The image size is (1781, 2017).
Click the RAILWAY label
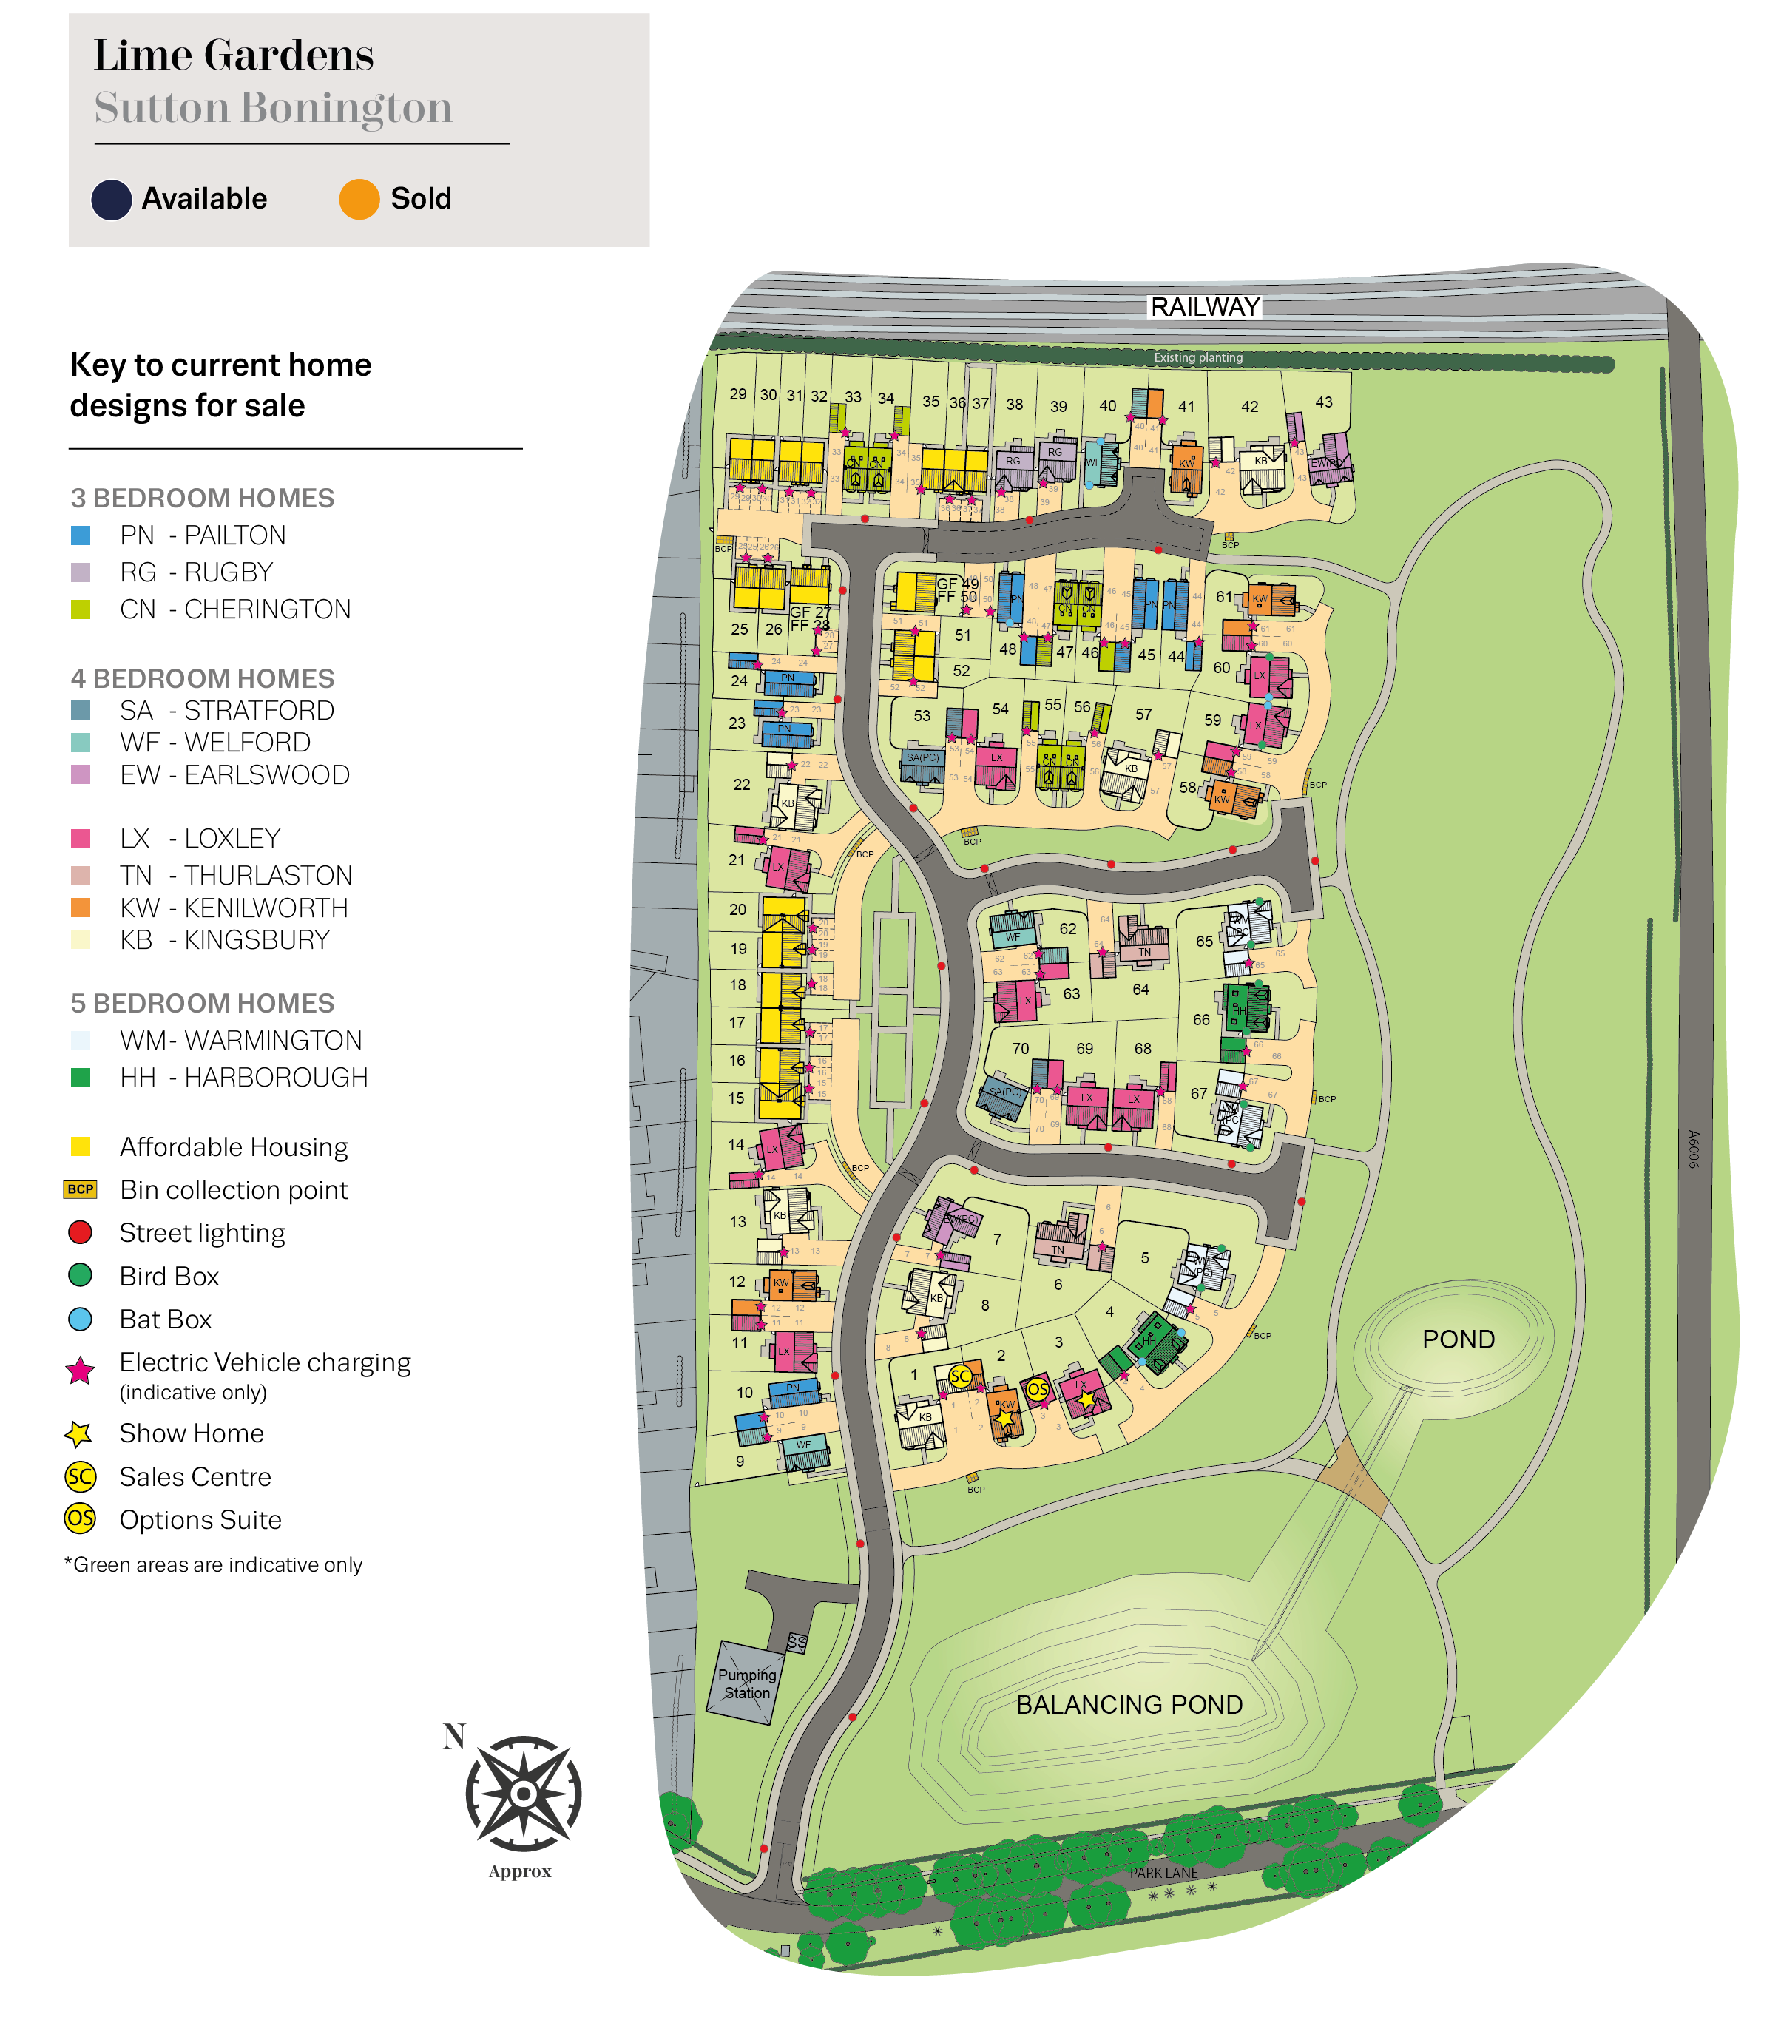point(1205,307)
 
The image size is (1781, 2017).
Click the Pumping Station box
point(746,1683)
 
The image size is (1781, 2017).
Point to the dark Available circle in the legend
point(112,199)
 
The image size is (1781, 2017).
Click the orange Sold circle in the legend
point(359,199)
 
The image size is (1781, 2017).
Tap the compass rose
point(523,1793)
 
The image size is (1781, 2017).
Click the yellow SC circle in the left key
point(80,1476)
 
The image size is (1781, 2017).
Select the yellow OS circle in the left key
point(80,1518)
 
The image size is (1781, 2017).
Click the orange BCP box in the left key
point(80,1189)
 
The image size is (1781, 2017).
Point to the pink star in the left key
point(80,1371)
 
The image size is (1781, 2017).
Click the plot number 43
point(1323,402)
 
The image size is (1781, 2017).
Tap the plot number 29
point(737,393)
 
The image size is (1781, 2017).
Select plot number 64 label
point(1140,989)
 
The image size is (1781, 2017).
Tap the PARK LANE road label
point(1163,1872)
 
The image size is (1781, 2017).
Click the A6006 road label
point(1693,1149)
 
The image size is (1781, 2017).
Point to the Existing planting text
point(1198,357)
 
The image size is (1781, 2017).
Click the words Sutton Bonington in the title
point(274,107)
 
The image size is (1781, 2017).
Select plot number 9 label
point(740,1462)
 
